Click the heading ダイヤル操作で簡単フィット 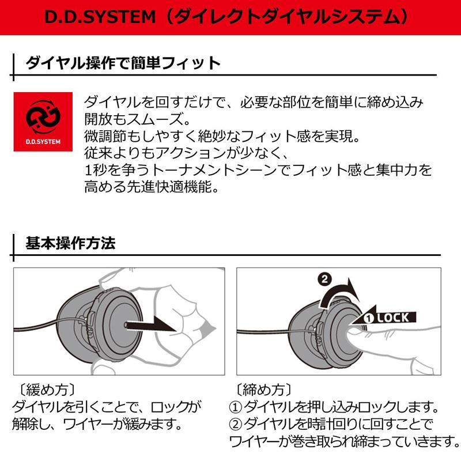point(123,63)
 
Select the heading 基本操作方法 point(70,243)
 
